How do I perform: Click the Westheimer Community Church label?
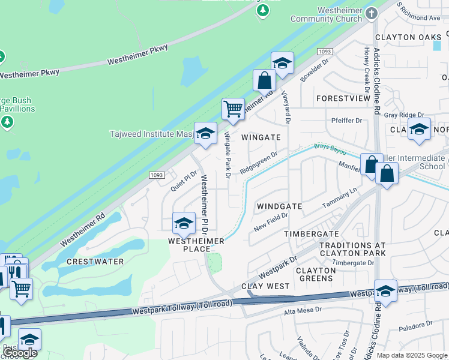point(327,14)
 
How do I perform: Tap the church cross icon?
point(372,13)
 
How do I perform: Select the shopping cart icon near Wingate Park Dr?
point(232,109)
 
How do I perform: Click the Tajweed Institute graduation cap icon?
point(205,133)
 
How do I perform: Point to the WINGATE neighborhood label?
point(261,137)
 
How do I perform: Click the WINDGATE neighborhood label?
point(279,206)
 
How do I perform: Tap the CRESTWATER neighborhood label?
point(95,262)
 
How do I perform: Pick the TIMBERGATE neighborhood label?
point(312,233)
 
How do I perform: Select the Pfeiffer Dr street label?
point(347,121)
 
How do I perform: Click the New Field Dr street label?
point(267,225)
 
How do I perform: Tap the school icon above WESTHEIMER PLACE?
point(184,224)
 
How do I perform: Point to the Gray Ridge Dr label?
point(404,115)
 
